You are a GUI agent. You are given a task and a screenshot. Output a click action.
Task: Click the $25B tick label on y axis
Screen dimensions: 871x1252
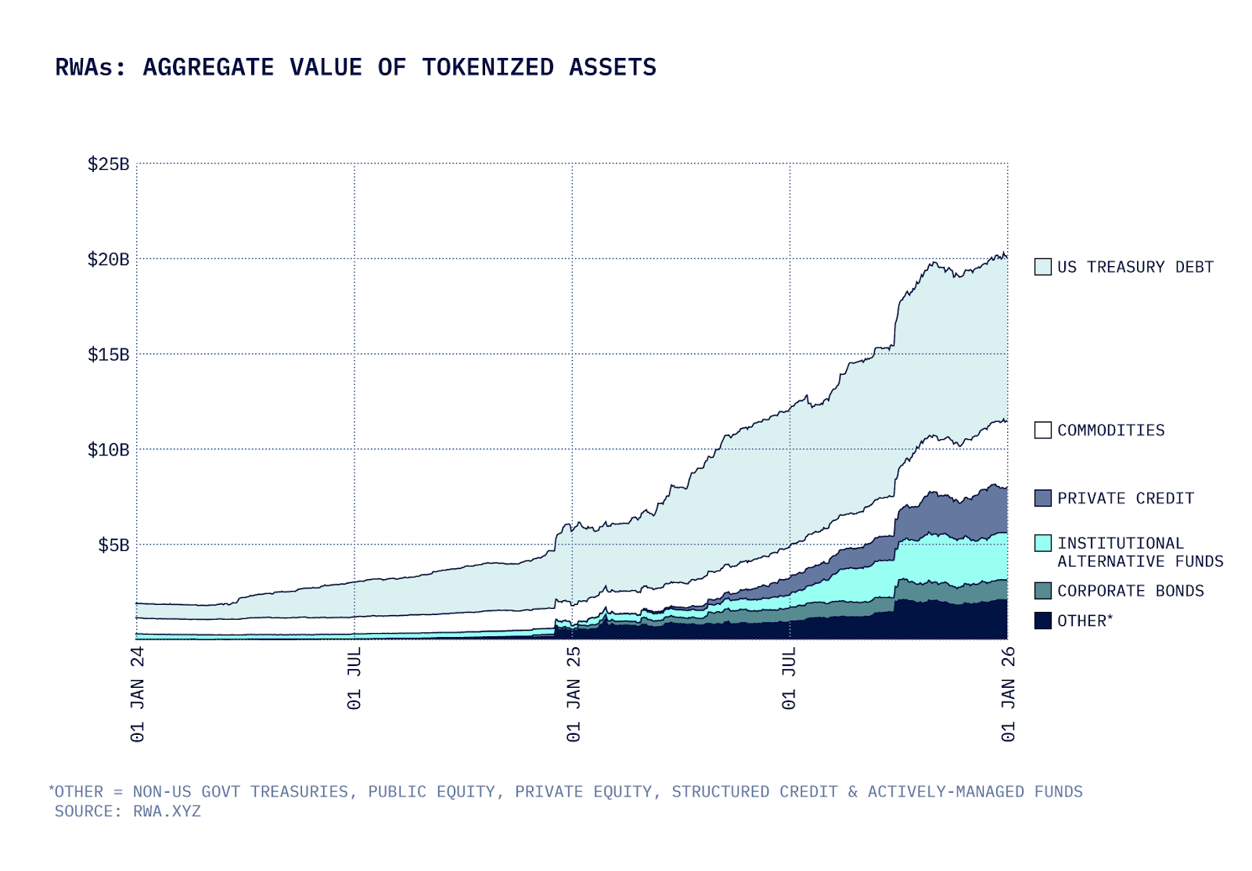(108, 164)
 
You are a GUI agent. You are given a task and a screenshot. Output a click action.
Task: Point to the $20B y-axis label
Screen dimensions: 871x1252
(108, 260)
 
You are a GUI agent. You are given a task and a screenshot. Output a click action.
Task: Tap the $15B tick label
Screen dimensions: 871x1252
(108, 355)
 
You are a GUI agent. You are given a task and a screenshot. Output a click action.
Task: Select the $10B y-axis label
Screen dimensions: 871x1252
(108, 450)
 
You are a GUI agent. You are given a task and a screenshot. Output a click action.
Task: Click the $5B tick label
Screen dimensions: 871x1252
(113, 545)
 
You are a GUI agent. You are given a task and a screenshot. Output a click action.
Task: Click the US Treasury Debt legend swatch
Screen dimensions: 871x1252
(1042, 267)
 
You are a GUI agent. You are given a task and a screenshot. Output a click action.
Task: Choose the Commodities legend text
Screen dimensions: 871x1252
(1110, 430)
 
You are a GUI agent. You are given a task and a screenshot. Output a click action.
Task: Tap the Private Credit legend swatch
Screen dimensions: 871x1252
(1042, 498)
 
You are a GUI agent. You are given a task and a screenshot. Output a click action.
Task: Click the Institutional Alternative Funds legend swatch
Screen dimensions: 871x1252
(1042, 543)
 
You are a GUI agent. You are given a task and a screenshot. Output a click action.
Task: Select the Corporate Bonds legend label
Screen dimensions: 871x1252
(1130, 591)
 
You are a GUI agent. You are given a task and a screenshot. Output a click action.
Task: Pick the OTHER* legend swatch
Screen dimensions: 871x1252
(1042, 621)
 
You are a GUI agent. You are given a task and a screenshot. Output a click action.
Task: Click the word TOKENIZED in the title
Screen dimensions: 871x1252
(487, 67)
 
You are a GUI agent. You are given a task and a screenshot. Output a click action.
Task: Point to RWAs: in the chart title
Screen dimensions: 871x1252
(90, 67)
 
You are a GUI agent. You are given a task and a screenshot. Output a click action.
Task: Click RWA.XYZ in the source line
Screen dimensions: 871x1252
(167, 812)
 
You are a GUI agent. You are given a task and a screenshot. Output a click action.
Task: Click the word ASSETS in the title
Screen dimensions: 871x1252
(613, 67)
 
